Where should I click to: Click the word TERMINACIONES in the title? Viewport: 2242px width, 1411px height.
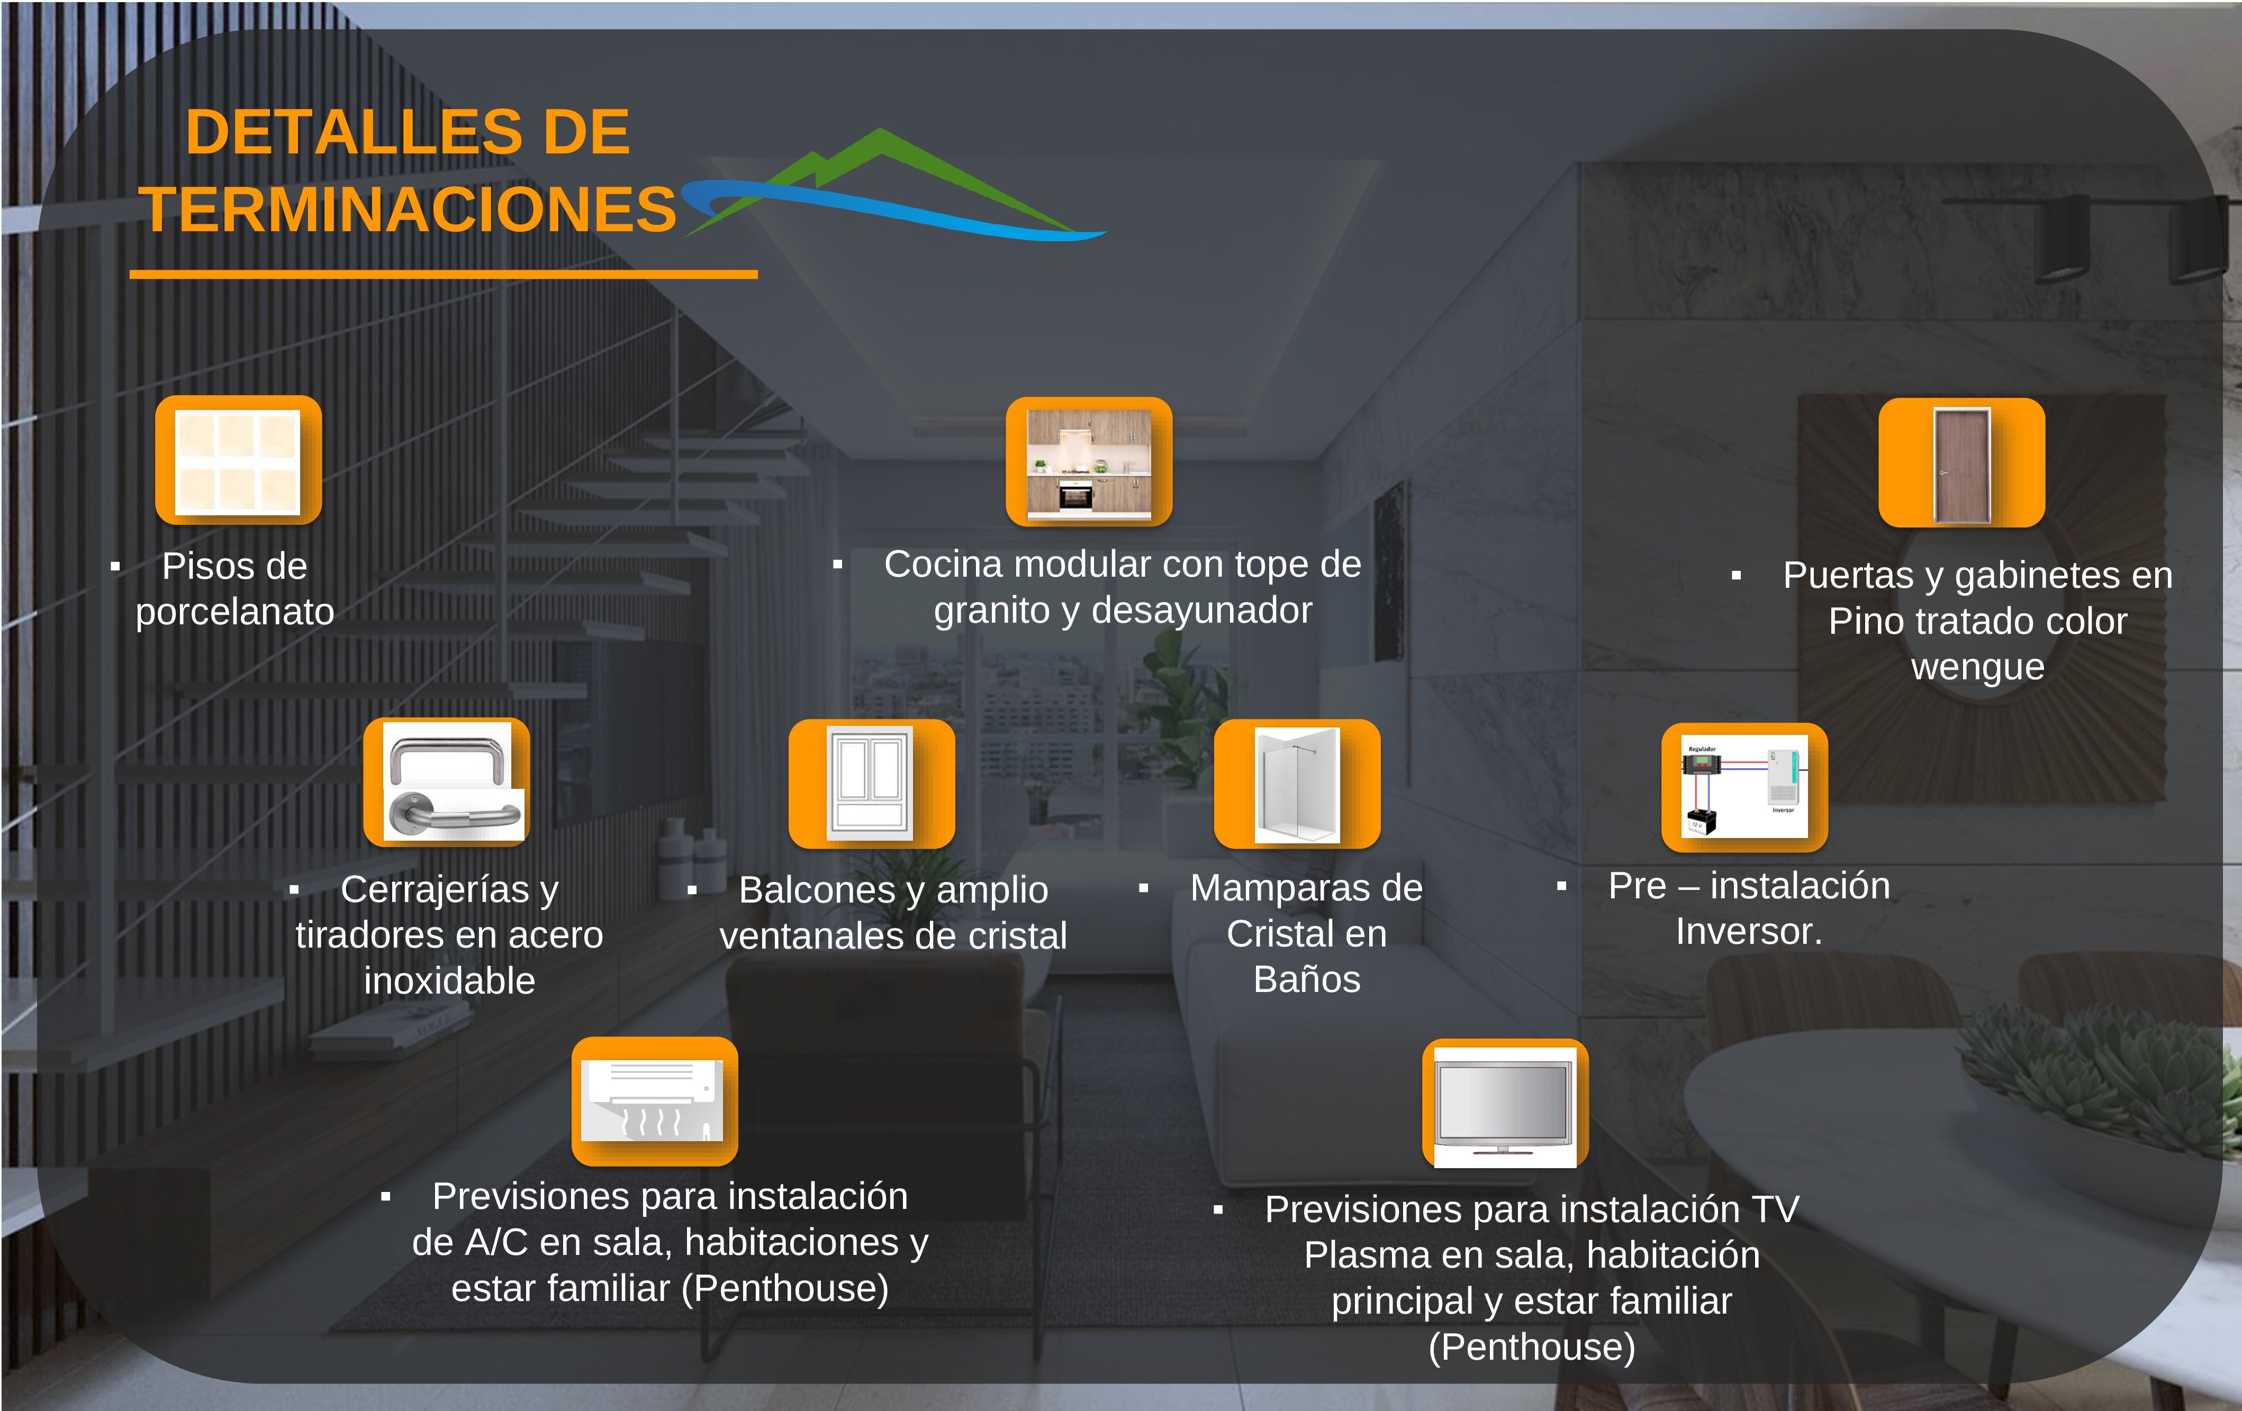click(x=410, y=210)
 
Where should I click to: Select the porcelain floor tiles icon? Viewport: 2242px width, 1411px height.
click(x=238, y=461)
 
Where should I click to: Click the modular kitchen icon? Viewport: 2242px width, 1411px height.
click(x=1088, y=462)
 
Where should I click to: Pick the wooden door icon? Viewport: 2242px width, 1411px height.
click(x=1961, y=462)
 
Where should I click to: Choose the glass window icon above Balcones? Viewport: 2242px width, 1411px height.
click(x=872, y=783)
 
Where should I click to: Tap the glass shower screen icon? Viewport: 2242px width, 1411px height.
click(x=1297, y=784)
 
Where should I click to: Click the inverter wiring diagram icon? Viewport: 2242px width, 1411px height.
click(x=1744, y=787)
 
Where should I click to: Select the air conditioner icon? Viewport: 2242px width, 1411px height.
click(x=655, y=1101)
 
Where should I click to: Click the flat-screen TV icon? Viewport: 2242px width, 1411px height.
click(x=1505, y=1105)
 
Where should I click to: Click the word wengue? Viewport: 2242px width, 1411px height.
click(x=1977, y=667)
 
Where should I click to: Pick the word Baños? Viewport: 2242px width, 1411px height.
click(x=1306, y=979)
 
